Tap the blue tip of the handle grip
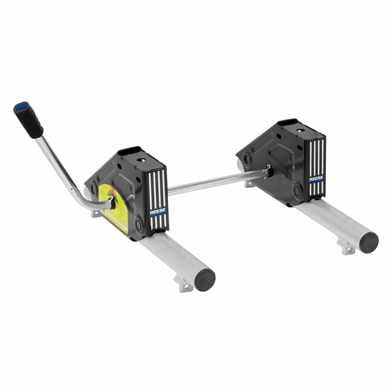(20, 106)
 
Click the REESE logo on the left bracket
(158, 212)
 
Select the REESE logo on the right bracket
(316, 179)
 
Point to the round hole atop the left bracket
(143, 160)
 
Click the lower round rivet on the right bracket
(298, 190)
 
